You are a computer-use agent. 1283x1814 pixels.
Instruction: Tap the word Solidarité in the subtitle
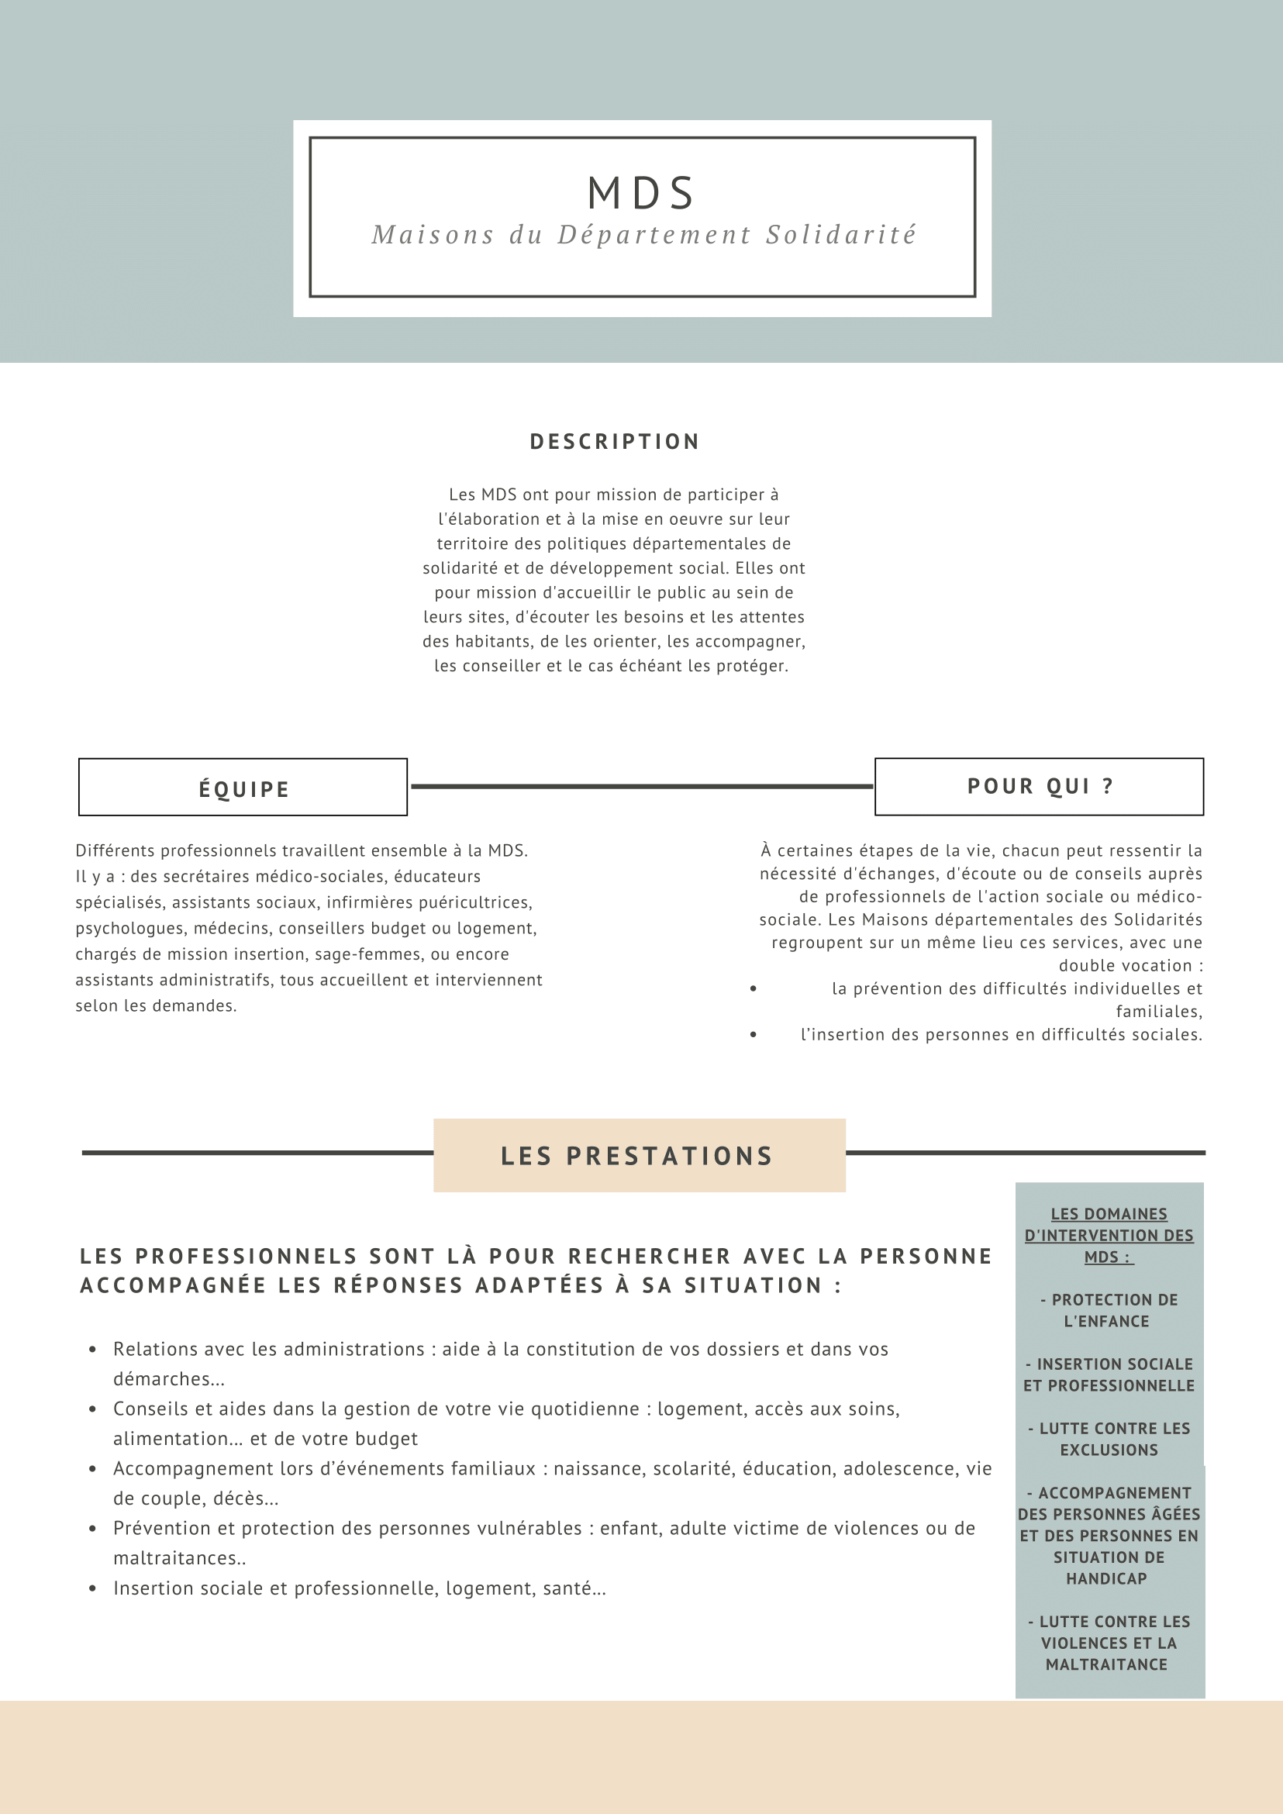click(x=840, y=235)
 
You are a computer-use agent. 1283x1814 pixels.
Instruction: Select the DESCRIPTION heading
click(x=615, y=442)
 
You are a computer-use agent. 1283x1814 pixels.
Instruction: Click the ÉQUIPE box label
click(x=243, y=789)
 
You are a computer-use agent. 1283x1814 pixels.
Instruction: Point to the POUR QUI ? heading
click(x=1040, y=786)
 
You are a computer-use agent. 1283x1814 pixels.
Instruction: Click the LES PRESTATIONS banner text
click(x=636, y=1156)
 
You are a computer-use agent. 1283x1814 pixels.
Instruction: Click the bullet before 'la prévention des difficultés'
click(x=754, y=988)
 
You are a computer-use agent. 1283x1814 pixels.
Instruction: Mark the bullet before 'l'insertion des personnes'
click(x=754, y=1034)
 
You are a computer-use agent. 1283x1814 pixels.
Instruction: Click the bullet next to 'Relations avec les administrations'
click(x=93, y=1350)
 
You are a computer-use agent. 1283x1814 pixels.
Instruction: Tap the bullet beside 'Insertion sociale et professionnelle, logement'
click(x=93, y=1588)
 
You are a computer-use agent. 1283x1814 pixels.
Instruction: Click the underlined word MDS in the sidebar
click(x=1102, y=1257)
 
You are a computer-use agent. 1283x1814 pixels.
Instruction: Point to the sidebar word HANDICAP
click(x=1106, y=1578)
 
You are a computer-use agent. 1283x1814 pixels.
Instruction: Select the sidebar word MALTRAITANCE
click(x=1106, y=1664)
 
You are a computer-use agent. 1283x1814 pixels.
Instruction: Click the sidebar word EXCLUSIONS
click(x=1109, y=1450)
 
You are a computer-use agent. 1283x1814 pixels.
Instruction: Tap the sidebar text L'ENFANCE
click(x=1106, y=1321)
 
